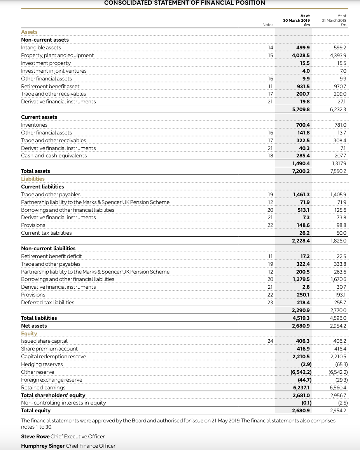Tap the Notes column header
click(268, 24)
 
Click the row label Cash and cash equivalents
click(54, 155)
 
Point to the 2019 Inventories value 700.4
click(303, 125)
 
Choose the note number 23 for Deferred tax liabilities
click(270, 302)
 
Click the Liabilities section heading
click(33, 179)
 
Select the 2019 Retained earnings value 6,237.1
click(301, 387)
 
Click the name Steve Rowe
click(35, 436)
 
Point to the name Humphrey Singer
click(43, 446)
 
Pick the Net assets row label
click(34, 326)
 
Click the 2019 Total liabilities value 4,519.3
click(301, 318)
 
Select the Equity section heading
click(29, 333)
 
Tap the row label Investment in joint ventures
click(54, 71)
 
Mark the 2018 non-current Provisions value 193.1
click(340, 295)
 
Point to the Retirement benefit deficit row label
click(51, 256)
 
